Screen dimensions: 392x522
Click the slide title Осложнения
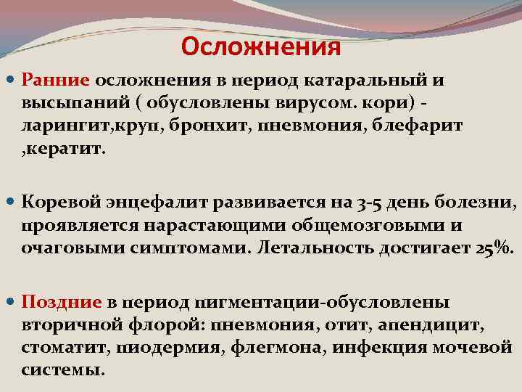(261, 47)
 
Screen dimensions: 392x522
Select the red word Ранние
(55, 80)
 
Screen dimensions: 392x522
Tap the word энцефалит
(148, 201)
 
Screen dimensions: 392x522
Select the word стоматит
(64, 347)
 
